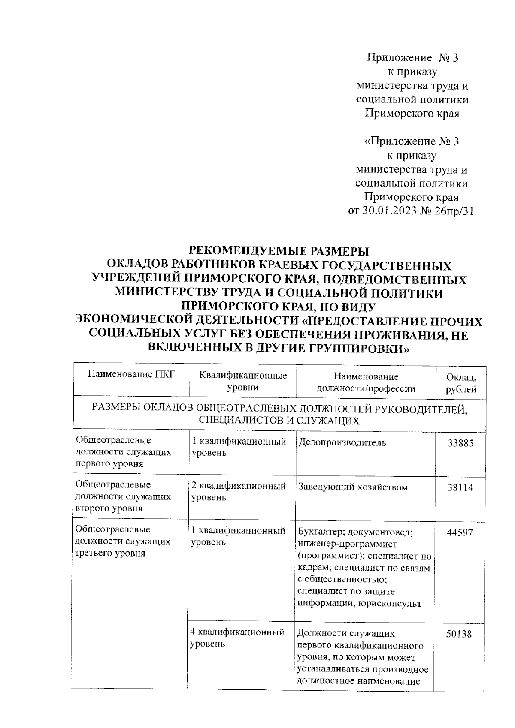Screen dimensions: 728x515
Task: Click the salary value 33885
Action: pos(460,443)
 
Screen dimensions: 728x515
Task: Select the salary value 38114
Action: pos(460,488)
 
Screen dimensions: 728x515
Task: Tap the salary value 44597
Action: pos(460,532)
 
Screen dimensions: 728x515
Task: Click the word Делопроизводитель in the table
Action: pos(342,442)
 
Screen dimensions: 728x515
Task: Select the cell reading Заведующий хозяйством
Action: pos(352,487)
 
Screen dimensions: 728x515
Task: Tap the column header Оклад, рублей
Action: pos(461,383)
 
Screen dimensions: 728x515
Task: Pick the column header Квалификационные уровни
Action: pos(243,382)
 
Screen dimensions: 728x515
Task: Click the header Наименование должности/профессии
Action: pos(366,382)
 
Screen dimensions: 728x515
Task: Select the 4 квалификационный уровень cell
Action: pos(237,638)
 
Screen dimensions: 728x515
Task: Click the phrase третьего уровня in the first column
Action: pos(110,553)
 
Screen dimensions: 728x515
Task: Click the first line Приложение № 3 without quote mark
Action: pos(413,58)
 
